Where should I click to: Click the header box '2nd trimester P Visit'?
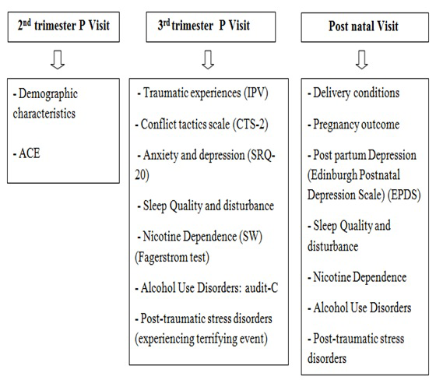click(63, 27)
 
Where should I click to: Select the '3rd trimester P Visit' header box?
click(211, 27)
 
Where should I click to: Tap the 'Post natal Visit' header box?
click(365, 27)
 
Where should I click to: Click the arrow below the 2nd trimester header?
click(58, 59)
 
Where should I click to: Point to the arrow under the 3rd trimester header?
click(208, 59)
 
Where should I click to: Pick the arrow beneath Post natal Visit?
click(362, 59)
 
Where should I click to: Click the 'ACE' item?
click(30, 153)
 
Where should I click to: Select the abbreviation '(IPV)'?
click(256, 93)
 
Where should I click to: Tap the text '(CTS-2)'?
click(250, 125)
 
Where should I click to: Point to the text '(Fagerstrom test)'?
click(172, 257)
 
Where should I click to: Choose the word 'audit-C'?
click(262, 288)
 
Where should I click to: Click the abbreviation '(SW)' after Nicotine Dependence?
click(251, 237)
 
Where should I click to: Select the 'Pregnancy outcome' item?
click(357, 125)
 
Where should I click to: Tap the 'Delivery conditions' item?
click(357, 93)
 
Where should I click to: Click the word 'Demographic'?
click(48, 94)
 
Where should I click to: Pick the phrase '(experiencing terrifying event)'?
click(202, 339)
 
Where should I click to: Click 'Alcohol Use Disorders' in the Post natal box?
click(362, 308)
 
